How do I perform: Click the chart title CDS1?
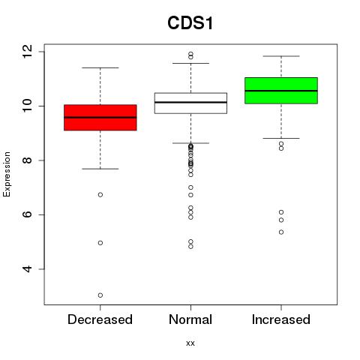pos(190,23)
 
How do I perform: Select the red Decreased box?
pos(100,118)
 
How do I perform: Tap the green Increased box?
pos(281,91)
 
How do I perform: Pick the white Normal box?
pos(190,103)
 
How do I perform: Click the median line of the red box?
pos(100,117)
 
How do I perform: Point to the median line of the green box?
pos(281,91)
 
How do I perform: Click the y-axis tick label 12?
pos(27,52)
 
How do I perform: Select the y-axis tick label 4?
pos(27,269)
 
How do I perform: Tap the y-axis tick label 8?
pos(27,160)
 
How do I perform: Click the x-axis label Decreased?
pos(100,319)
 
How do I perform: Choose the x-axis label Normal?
pos(190,319)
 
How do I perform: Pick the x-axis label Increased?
pos(281,319)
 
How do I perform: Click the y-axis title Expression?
pos(7,174)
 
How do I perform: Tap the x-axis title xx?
pos(190,343)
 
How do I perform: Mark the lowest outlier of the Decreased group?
pos(100,295)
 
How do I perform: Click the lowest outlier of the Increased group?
pos(281,232)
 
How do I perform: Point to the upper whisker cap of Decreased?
pos(100,67)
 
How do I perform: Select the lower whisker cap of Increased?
pos(281,138)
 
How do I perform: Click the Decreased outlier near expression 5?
pos(100,243)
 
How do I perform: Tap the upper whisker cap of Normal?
pos(190,63)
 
